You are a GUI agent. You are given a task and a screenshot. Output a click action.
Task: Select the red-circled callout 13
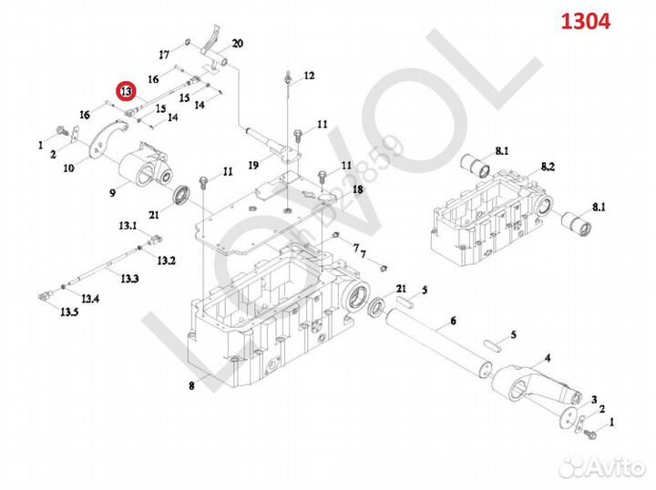[x=125, y=90]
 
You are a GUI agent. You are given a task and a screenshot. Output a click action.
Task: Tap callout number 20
[x=237, y=44]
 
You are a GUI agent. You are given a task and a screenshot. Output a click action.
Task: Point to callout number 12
[x=309, y=76]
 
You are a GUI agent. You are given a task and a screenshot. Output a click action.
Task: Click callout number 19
[x=253, y=165]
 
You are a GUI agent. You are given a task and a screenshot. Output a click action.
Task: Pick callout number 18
[x=358, y=189]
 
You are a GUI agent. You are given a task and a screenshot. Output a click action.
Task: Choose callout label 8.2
[x=548, y=167]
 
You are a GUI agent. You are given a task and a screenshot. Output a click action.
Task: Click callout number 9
[x=113, y=192]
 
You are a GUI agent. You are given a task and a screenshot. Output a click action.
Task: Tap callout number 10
[x=67, y=168]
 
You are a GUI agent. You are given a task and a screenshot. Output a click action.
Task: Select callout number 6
[x=453, y=321]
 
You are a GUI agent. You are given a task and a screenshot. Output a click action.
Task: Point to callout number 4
[x=547, y=356]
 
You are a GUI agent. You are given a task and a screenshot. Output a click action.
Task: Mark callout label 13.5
[x=69, y=311]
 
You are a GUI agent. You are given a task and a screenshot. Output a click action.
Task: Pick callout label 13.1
[x=126, y=225]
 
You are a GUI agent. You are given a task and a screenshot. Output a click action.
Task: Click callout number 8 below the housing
[x=191, y=386]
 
